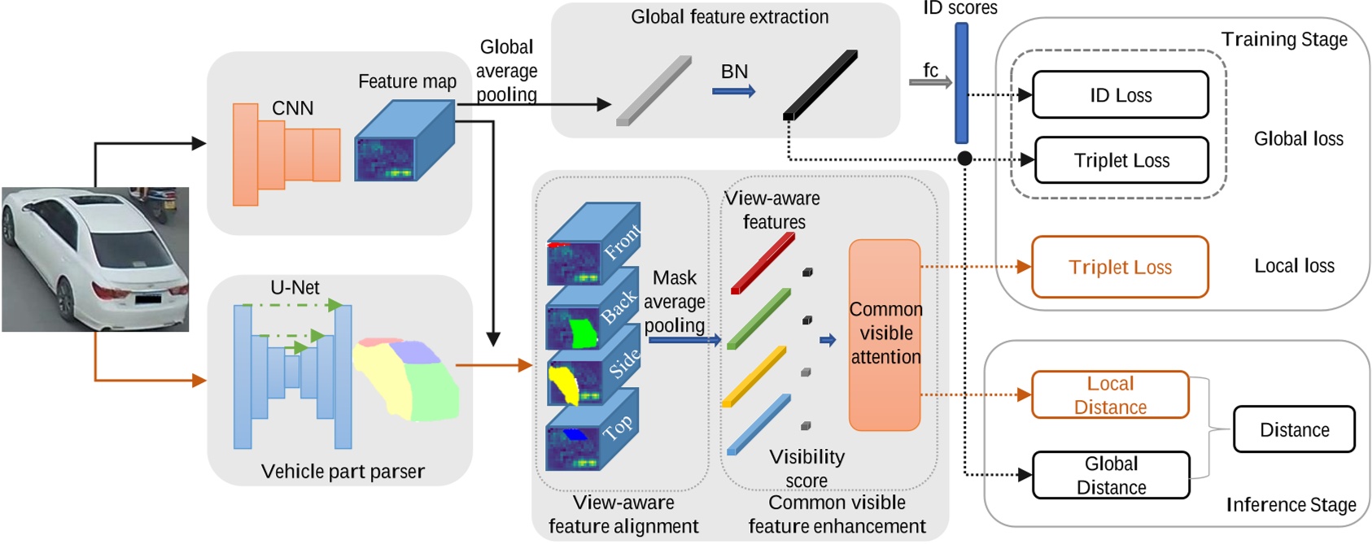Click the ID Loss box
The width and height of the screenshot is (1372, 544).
tap(1120, 95)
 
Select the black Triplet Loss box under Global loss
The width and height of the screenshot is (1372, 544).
tap(1121, 160)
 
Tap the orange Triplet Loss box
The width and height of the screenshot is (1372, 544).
tap(1120, 267)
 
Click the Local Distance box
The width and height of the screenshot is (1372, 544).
tap(1110, 395)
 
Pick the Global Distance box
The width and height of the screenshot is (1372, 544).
tap(1111, 476)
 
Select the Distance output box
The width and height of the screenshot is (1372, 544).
tap(1294, 429)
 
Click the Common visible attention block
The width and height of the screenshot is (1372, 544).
tap(885, 334)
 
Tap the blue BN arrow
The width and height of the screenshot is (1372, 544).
tap(733, 91)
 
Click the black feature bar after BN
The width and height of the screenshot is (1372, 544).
tap(820, 85)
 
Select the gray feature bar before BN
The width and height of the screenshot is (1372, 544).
tap(654, 90)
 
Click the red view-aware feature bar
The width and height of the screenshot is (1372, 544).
tap(763, 263)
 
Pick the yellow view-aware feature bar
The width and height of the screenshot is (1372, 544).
tap(754, 376)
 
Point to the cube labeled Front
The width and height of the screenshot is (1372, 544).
tap(592, 244)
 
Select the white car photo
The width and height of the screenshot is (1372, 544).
tap(95, 259)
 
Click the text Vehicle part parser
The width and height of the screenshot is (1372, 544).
tap(343, 472)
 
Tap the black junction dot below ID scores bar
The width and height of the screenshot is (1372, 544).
tap(964, 159)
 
